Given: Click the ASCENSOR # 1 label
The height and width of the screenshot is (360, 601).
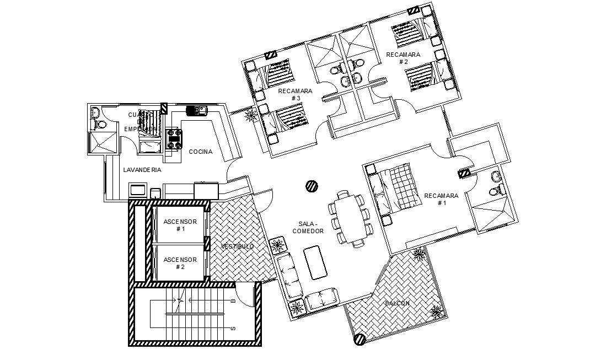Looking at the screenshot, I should (180, 225).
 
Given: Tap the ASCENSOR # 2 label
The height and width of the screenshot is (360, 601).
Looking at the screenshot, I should (180, 263).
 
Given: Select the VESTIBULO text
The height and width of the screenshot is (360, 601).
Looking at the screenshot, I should (237, 246).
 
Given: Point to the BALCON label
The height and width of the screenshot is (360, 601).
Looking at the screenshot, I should (397, 303).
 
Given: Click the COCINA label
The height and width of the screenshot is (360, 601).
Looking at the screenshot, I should (201, 152).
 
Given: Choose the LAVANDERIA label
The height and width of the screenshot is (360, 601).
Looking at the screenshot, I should (142, 170).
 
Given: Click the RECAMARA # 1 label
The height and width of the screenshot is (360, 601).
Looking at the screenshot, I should (441, 199).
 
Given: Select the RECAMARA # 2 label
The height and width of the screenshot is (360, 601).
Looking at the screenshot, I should (403, 58).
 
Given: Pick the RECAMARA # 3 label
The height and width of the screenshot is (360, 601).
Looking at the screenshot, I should (296, 94).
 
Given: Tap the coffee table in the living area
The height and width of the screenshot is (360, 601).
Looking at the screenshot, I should (316, 263).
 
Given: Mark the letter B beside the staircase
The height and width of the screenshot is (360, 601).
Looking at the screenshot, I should (233, 301).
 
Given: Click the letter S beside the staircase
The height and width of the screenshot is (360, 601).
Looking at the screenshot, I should (233, 329).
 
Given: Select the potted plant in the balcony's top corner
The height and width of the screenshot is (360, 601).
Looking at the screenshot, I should (419, 254).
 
